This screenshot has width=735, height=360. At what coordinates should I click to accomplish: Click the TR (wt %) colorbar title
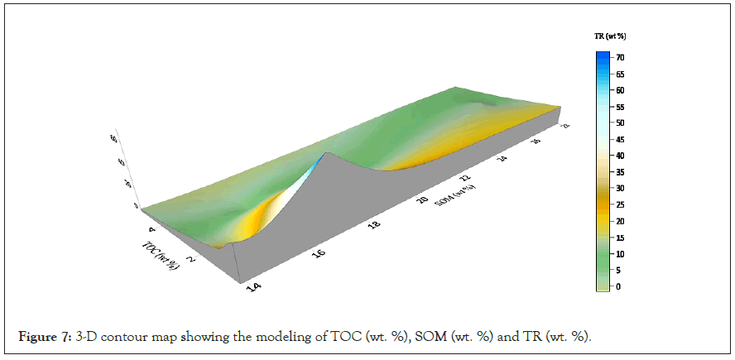(x=609, y=36)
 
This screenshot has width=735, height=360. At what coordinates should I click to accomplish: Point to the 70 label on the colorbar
(x=620, y=57)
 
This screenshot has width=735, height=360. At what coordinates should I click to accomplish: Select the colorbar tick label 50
(x=620, y=122)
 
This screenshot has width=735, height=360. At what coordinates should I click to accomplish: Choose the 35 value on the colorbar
(x=620, y=172)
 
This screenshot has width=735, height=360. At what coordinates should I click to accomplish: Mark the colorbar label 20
(x=620, y=221)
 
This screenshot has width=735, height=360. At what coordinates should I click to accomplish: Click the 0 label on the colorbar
(x=617, y=286)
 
